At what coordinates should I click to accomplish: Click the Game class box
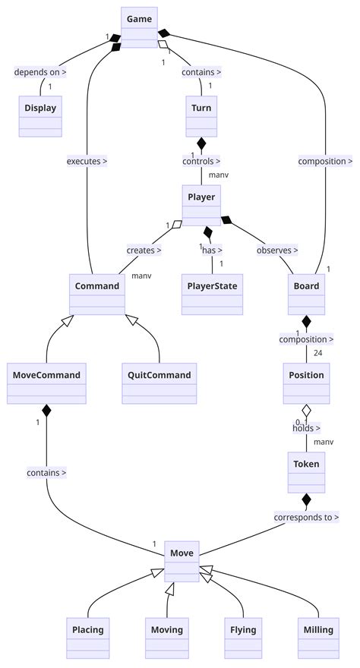[139, 27]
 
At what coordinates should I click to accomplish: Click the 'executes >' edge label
[87, 161]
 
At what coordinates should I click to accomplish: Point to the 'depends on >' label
[40, 73]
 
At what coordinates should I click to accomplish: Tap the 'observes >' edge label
[277, 250]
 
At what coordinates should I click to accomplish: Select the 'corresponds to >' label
[307, 517]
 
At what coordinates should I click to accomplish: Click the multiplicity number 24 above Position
[317, 352]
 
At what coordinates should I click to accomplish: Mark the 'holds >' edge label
[307, 428]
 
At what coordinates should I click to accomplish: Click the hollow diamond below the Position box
[307, 411]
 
